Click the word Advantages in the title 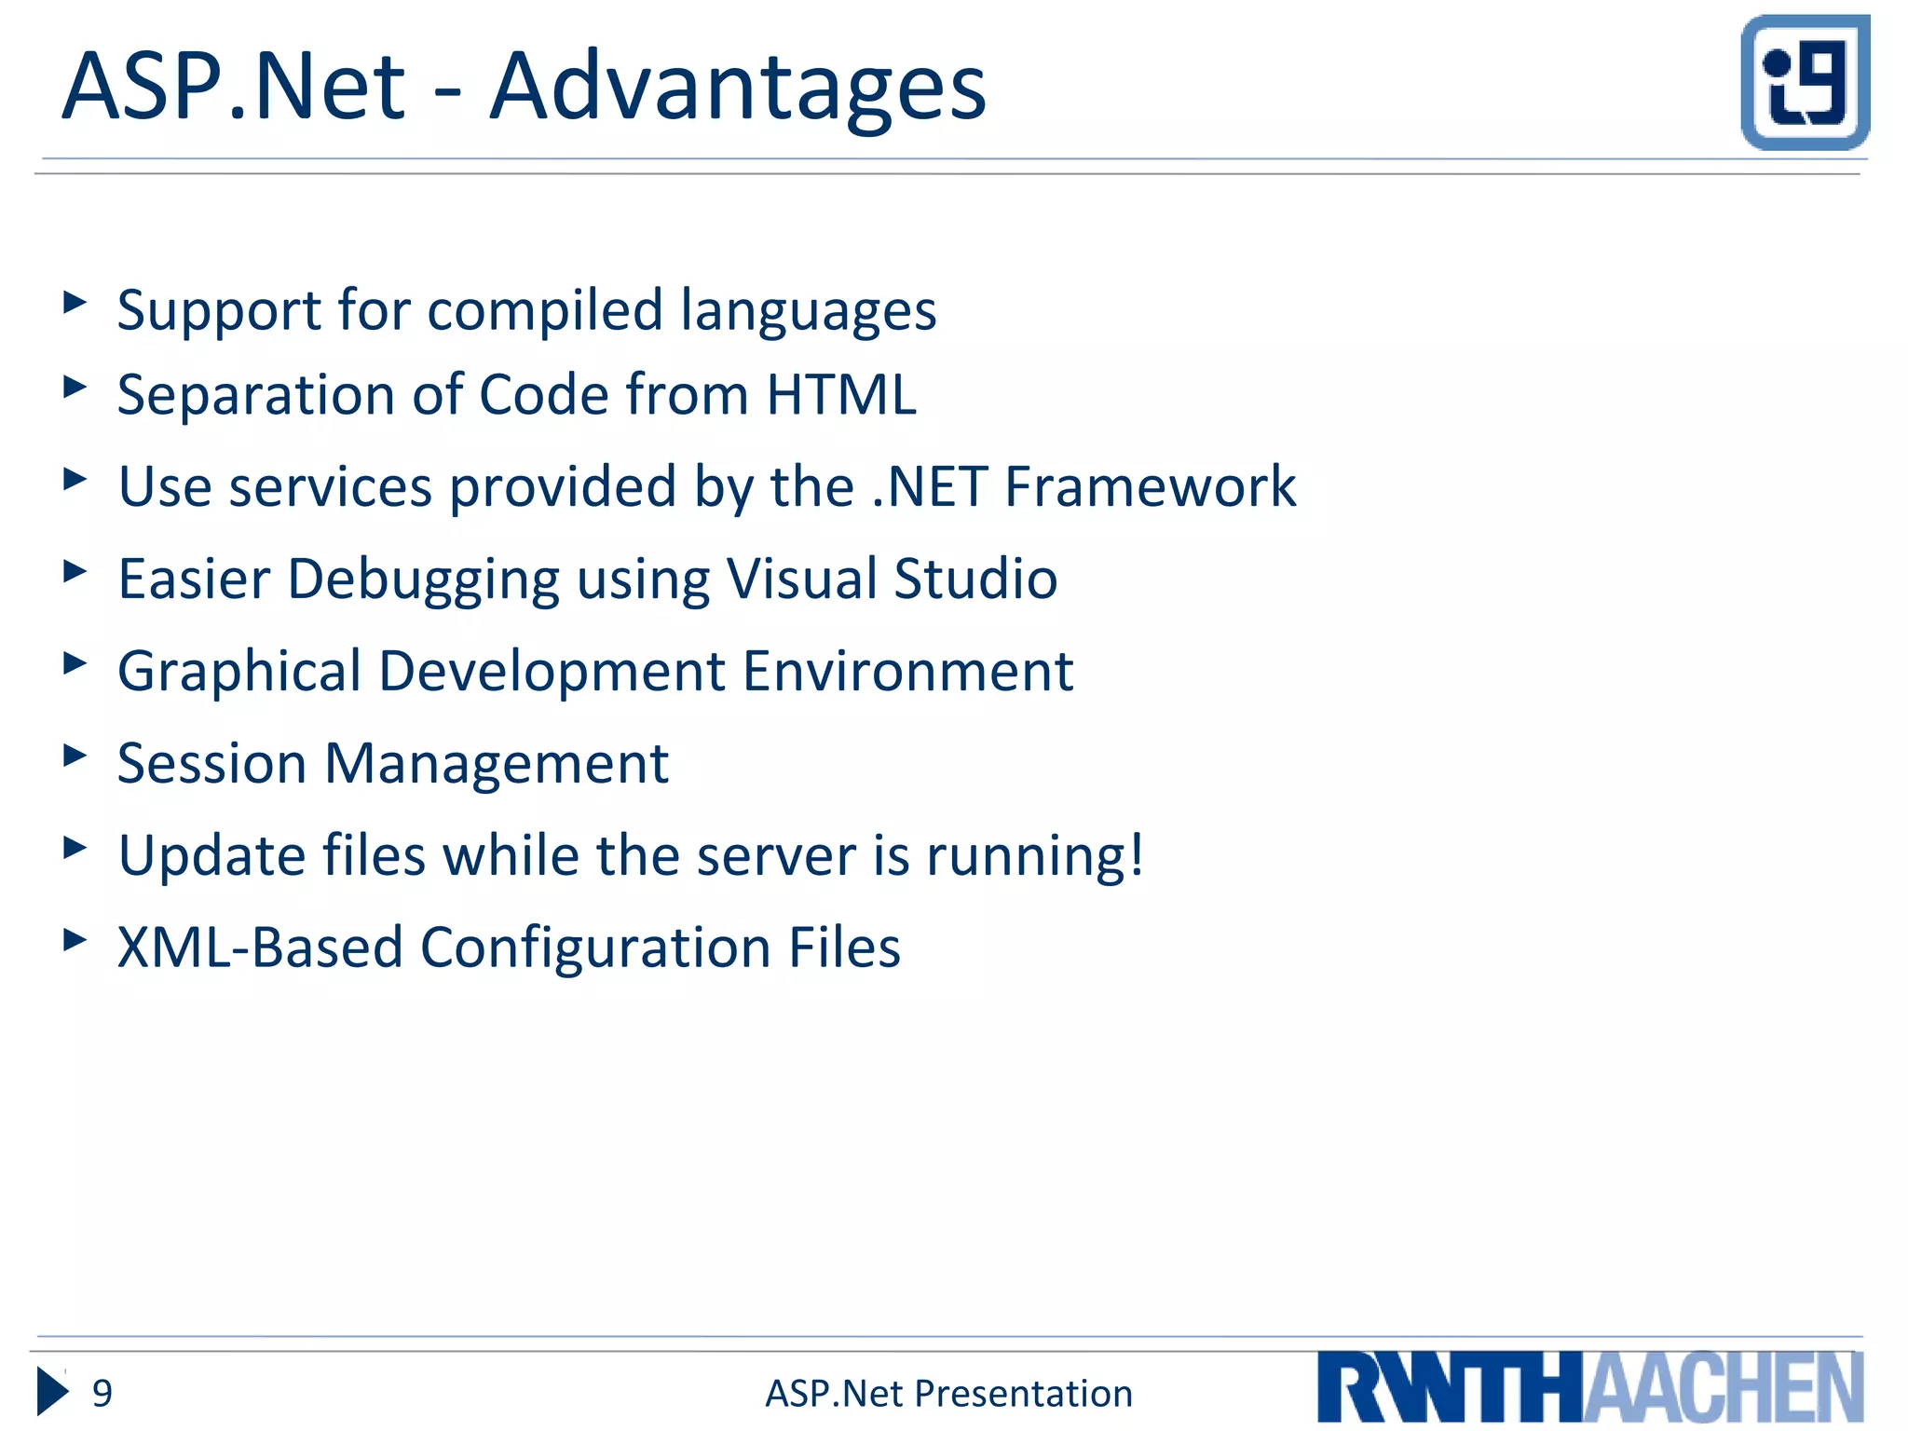[737, 89]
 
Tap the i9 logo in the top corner [1805, 82]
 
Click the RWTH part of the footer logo [1450, 1388]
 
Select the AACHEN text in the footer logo [1724, 1388]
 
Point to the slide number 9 [102, 1394]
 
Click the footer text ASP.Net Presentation [948, 1394]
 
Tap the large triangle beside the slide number [52, 1392]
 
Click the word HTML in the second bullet [840, 395]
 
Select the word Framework [1150, 487]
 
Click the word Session [211, 764]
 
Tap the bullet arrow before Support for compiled [75, 302]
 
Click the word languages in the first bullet [808, 312]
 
